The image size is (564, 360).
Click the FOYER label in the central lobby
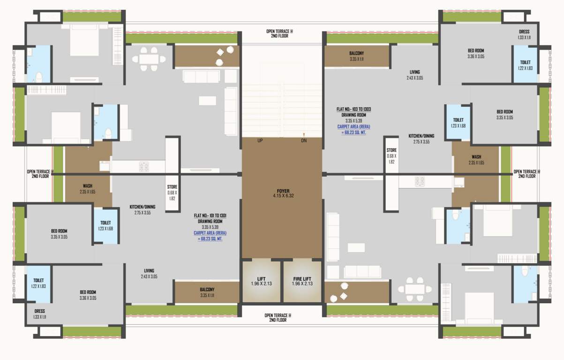[283, 191]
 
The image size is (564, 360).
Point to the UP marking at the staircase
[260, 141]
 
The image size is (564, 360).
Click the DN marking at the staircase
[304, 141]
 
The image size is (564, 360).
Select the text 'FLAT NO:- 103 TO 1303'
[353, 109]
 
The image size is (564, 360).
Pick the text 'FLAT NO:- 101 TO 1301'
[210, 216]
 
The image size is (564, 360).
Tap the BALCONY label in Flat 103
[356, 53]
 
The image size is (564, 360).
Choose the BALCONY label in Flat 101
[207, 290]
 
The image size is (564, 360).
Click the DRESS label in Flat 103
[524, 32]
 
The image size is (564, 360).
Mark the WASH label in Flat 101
[88, 186]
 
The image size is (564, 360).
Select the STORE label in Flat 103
[391, 150]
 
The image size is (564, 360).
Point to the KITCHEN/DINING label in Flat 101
[143, 207]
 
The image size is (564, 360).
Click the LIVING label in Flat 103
[414, 72]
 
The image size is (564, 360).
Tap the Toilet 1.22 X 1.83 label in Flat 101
[38, 280]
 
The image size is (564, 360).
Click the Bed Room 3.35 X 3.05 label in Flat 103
[504, 112]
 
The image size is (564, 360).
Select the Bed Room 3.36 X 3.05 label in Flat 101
[88, 292]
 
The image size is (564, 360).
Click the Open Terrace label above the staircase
[279, 31]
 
